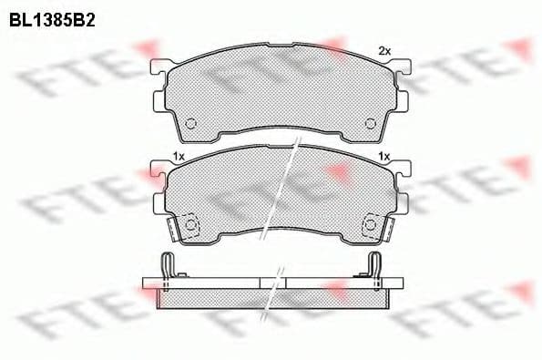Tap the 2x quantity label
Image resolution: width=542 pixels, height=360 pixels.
[x=384, y=50]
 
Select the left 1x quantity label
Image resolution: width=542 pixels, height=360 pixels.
[x=179, y=158]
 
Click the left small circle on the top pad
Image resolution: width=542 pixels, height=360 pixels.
[x=190, y=125]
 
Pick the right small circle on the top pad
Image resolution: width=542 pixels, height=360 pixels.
[x=370, y=125]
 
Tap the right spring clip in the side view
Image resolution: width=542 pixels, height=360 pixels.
[x=373, y=264]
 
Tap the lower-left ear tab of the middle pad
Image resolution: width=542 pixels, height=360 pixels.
[x=160, y=201]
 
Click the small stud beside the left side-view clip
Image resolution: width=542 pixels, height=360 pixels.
[x=181, y=274]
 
